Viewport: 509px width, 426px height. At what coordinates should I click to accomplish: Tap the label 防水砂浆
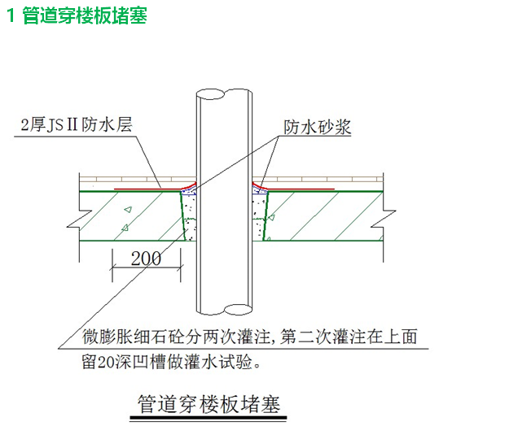click(317, 127)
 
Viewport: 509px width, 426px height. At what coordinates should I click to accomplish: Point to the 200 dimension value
click(147, 259)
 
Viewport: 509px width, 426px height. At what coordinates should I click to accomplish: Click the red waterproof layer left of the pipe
click(147, 188)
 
